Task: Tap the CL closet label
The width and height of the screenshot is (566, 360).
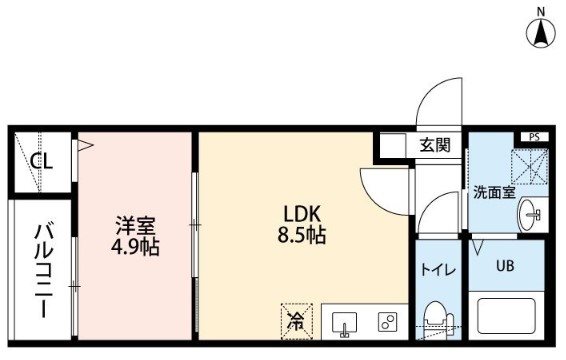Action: point(42,161)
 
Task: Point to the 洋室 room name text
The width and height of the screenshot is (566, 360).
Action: point(135,225)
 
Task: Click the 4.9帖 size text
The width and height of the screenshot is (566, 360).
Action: point(135,247)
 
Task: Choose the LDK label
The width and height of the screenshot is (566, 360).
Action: point(302,214)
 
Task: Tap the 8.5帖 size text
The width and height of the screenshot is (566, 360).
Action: point(302,235)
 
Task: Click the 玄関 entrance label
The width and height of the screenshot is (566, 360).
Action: point(435,145)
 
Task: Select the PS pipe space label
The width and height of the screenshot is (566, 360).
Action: point(535,137)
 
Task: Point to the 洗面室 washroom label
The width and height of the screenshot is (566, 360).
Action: point(494,192)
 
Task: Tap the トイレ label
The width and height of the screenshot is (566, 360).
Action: point(438,270)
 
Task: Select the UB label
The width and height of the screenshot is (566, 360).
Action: point(505,266)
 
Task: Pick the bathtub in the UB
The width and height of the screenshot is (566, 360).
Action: point(506,316)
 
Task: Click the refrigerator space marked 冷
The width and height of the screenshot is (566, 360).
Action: point(297,321)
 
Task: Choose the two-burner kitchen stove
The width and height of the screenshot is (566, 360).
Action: point(387,322)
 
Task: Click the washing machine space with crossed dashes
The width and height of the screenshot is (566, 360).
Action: point(530,166)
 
